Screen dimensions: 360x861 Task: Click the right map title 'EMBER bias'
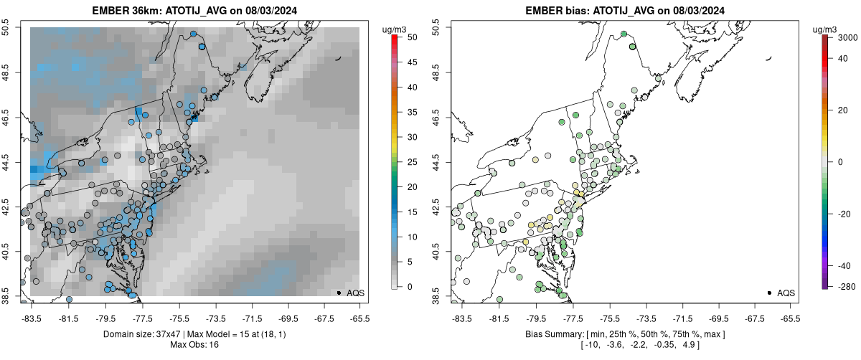coord(555,11)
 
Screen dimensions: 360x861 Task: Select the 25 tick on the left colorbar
coord(407,161)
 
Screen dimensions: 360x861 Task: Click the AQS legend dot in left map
coord(339,293)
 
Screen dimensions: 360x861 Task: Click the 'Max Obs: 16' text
coord(194,346)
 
